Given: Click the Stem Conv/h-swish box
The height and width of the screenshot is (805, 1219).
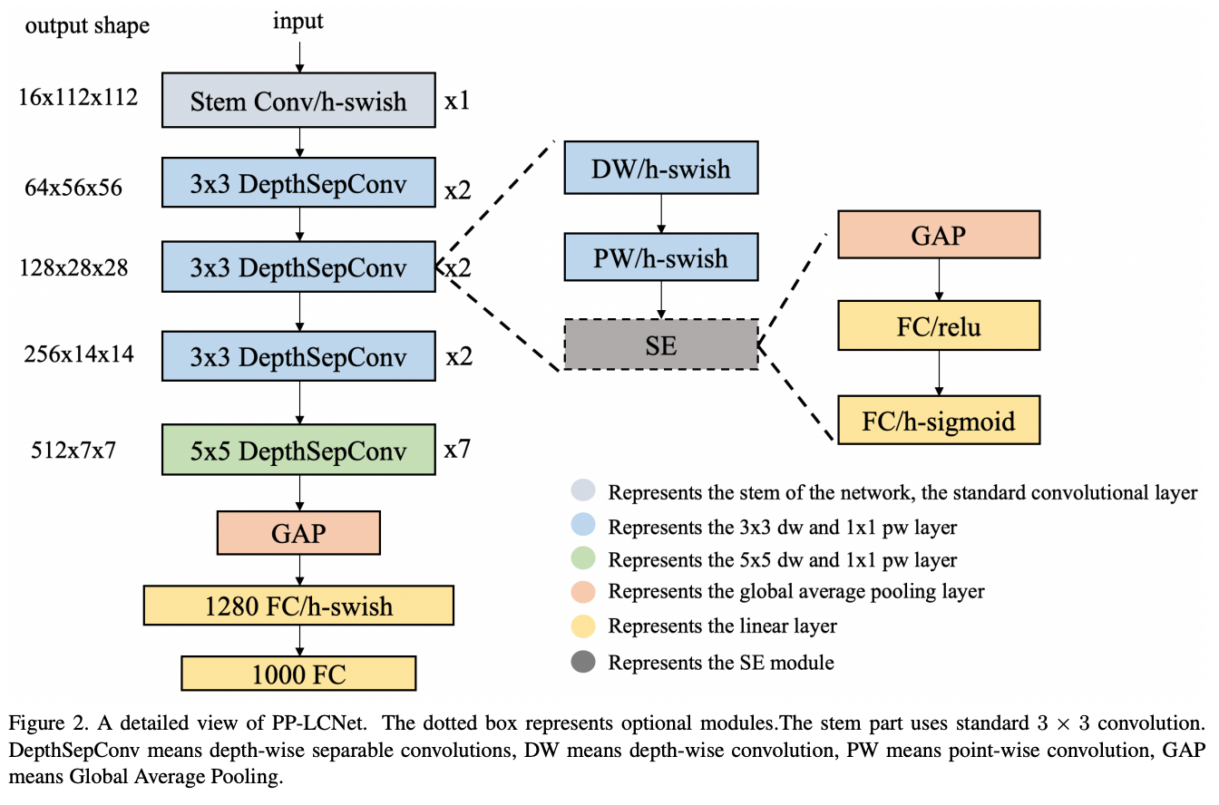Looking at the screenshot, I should pos(298,100).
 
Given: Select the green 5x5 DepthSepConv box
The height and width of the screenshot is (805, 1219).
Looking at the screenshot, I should pos(298,450).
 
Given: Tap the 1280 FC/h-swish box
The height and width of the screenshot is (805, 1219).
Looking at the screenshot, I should pos(298,605).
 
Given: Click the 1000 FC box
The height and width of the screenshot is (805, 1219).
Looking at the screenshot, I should pos(298,674).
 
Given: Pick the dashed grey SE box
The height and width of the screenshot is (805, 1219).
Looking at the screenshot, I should pos(660,344).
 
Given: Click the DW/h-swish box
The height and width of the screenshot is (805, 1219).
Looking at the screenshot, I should pos(660,168).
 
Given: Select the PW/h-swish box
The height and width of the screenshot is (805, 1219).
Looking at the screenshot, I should pos(660,257).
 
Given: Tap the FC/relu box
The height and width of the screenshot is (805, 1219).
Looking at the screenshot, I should pos(939,326).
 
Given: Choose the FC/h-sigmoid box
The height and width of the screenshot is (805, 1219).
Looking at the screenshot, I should pos(939,421).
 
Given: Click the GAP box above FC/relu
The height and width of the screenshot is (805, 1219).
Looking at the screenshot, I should pos(939,236).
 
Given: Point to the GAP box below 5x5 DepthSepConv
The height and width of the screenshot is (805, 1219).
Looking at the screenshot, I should pos(298,533).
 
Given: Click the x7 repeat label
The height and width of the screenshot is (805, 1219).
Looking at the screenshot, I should pos(457,449).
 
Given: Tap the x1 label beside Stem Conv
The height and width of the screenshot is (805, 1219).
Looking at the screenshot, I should pos(457,101).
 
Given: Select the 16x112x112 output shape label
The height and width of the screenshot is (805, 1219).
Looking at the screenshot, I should pos(79,97).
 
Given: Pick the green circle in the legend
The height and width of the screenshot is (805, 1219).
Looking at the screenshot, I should pos(581,559).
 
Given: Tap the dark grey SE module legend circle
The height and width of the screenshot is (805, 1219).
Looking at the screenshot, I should pos(581,662).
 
